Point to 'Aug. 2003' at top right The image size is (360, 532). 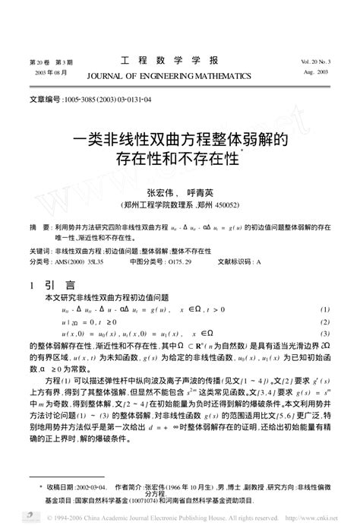point(316,72)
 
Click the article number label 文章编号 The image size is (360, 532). point(43,99)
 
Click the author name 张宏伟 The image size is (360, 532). point(159,192)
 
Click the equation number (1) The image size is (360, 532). point(325,310)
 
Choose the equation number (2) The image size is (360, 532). point(325,322)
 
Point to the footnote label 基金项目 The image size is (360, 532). point(42,502)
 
